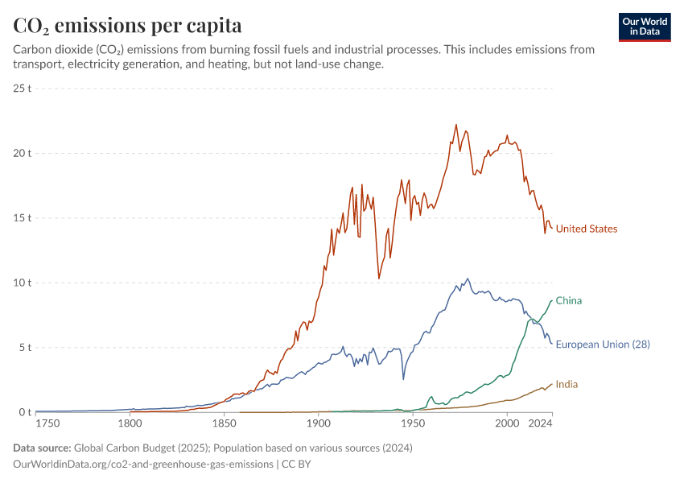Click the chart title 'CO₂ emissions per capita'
point(127,25)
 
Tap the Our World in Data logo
point(644,27)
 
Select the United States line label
point(587,229)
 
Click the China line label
point(568,300)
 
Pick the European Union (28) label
point(603,344)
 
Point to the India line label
point(567,384)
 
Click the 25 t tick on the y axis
point(22,88)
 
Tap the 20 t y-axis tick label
point(22,153)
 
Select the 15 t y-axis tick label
point(22,217)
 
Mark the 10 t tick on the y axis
point(22,283)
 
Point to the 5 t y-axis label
point(24,348)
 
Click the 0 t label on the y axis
point(24,412)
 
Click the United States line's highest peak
point(456,125)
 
